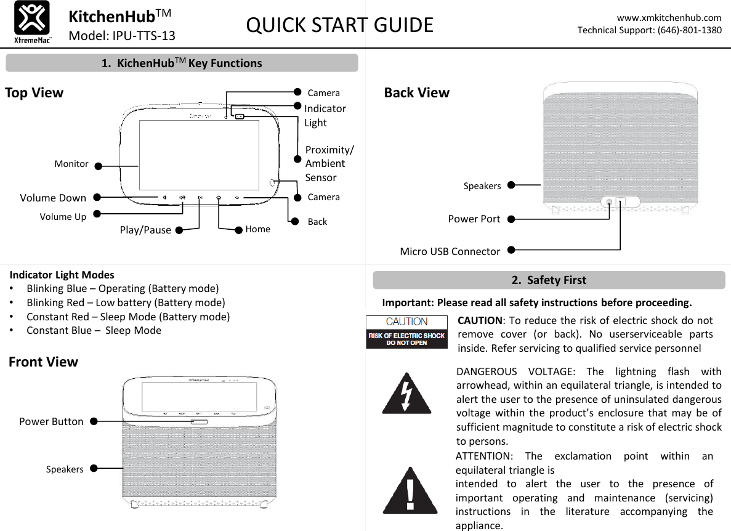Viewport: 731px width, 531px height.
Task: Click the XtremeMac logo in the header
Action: click(32, 23)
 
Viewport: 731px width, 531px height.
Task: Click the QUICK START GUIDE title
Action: click(339, 25)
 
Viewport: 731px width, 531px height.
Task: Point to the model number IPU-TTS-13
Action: click(121, 36)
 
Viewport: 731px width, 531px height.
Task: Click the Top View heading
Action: click(34, 93)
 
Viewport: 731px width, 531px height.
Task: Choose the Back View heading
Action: click(416, 93)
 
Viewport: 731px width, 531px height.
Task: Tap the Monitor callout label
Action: click(71, 164)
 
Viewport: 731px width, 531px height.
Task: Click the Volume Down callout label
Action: click(53, 198)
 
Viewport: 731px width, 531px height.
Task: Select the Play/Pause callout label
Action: click(145, 230)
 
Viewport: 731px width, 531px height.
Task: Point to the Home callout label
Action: click(257, 229)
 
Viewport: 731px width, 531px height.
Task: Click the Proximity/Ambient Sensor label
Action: click(329, 164)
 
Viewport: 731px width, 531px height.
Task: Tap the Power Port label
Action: click(474, 218)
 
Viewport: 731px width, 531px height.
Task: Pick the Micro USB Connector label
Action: click(450, 251)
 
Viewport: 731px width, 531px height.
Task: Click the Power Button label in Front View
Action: click(51, 422)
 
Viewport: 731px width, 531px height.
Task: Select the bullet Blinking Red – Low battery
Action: click(126, 302)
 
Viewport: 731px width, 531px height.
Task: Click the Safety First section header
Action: click(549, 280)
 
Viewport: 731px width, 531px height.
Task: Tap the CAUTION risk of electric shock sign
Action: click(406, 332)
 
